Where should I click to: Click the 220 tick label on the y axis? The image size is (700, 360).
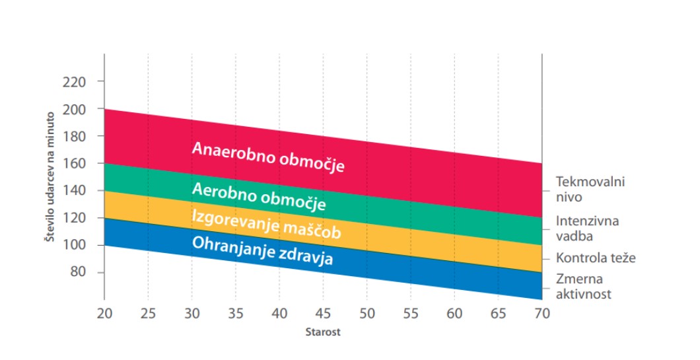pos(73,82)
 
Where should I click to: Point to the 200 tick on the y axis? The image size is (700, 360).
pos(73,109)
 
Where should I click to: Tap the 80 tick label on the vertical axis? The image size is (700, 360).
pos(77,273)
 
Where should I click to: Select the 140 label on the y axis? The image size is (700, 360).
pos(73,191)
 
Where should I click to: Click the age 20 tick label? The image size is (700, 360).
pos(104,313)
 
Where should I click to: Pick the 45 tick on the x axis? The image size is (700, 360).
pos(322,313)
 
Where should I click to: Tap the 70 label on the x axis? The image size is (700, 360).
pos(542,313)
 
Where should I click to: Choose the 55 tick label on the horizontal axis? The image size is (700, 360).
pos(410,313)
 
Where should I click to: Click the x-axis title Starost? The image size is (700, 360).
pos(323,332)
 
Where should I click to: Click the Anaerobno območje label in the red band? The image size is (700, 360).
pos(268,157)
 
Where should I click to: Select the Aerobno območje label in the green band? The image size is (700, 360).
pos(258,196)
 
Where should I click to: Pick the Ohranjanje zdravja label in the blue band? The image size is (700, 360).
pos(262,251)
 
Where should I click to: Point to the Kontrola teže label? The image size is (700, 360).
pos(595,258)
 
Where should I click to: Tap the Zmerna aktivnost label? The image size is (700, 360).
pos(584,287)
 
